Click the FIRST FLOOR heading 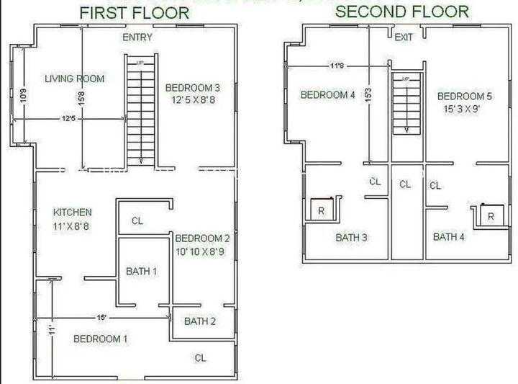pos(134,13)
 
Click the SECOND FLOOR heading pos(402,12)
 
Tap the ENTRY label pos(137,37)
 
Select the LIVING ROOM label pos(75,79)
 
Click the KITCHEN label pos(73,212)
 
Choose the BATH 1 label pos(141,272)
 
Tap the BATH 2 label pos(200,321)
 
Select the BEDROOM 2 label pos(202,238)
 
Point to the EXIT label pos(404,37)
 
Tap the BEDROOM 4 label pos(327,95)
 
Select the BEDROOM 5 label pos(464,97)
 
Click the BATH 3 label pos(352,237)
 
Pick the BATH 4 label pos(449,236)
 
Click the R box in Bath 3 pos(322,210)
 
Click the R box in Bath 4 pos(491,216)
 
